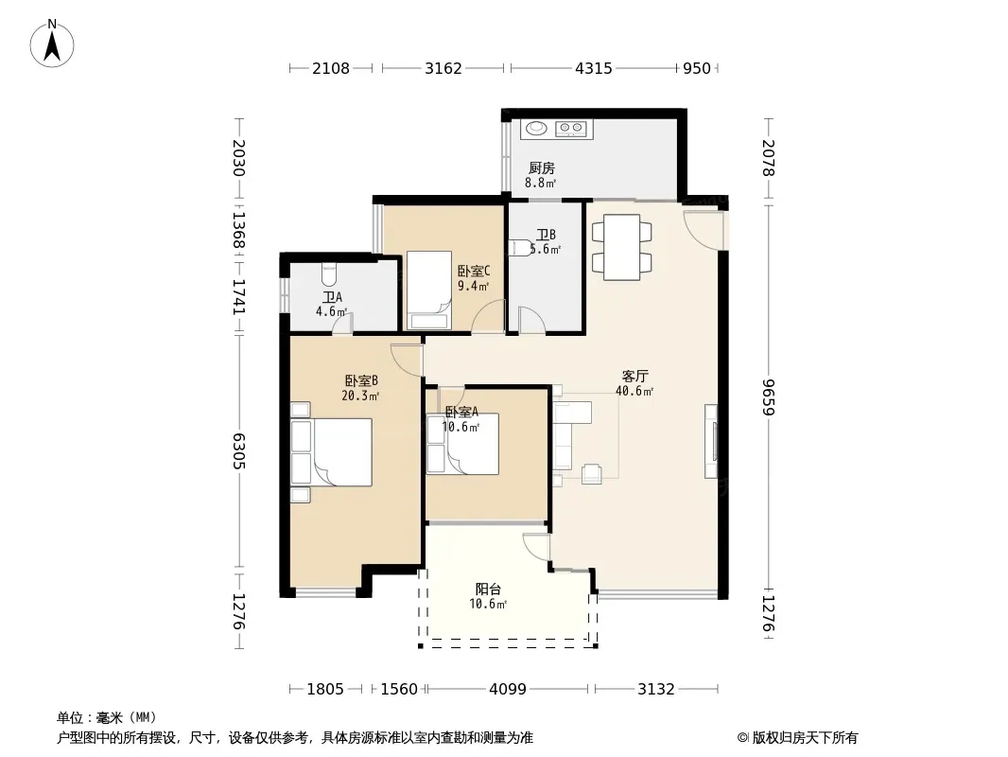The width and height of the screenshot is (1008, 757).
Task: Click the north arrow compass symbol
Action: pyautogui.click(x=52, y=44)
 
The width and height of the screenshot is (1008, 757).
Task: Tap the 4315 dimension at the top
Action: pyautogui.click(x=593, y=68)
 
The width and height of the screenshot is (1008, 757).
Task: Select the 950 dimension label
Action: pyautogui.click(x=696, y=68)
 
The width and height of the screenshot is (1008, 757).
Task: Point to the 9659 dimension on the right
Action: pyautogui.click(x=769, y=396)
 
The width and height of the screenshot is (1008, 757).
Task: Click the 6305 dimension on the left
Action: pyautogui.click(x=238, y=450)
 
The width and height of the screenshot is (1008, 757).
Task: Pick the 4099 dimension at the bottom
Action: pyautogui.click(x=507, y=690)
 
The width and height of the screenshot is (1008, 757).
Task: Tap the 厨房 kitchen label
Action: pyautogui.click(x=541, y=167)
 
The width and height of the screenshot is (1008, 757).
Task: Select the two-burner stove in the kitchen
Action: pyautogui.click(x=571, y=130)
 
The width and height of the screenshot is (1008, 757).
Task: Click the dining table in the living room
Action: pyautogui.click(x=621, y=247)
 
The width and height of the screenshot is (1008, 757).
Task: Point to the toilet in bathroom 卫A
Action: pyautogui.click(x=328, y=274)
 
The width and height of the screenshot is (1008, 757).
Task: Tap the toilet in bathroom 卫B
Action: pyautogui.click(x=521, y=248)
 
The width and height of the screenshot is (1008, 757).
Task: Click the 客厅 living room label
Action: pyautogui.click(x=634, y=377)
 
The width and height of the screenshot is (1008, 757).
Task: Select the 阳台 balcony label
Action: pyautogui.click(x=489, y=589)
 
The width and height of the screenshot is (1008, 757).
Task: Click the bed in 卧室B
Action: pyautogui.click(x=331, y=452)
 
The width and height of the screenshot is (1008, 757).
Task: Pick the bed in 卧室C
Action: pyautogui.click(x=427, y=290)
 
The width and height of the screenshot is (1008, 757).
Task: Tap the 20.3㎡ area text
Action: pyautogui.click(x=360, y=396)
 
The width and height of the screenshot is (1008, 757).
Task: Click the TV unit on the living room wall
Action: pyautogui.click(x=711, y=441)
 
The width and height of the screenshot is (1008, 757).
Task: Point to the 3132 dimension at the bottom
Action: pyautogui.click(x=655, y=690)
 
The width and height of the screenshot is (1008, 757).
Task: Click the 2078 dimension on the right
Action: pyautogui.click(x=769, y=158)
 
